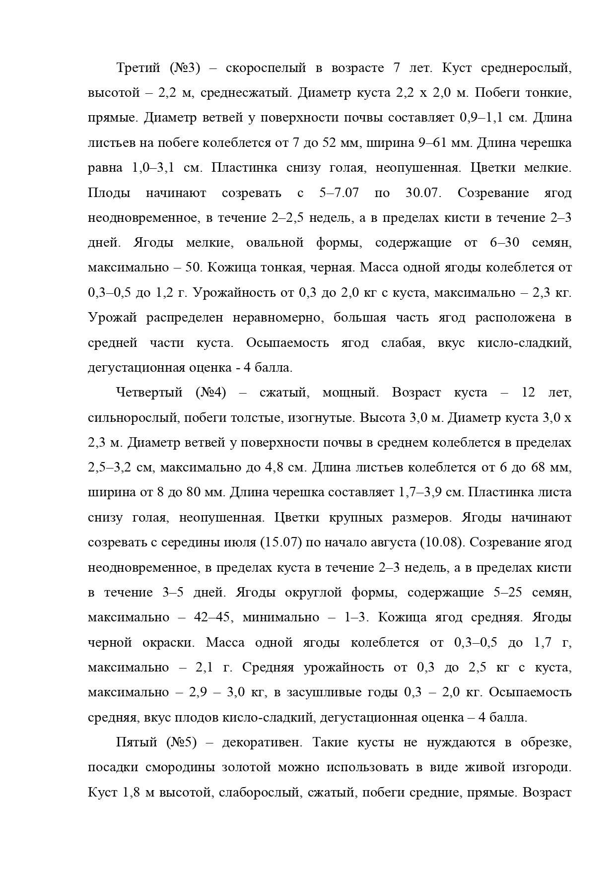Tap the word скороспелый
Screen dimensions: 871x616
(x=266, y=68)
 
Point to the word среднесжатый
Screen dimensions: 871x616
(x=248, y=93)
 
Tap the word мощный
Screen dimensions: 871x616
(x=350, y=393)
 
